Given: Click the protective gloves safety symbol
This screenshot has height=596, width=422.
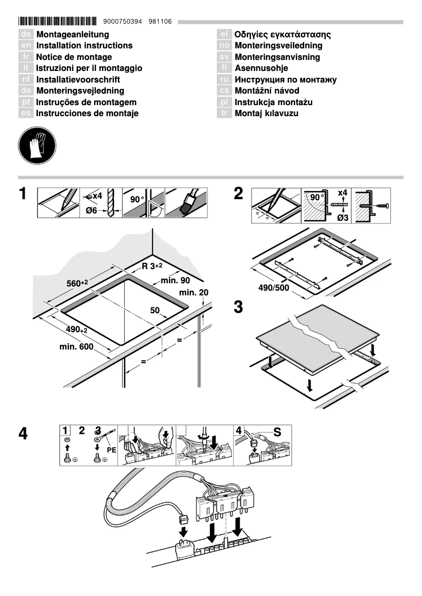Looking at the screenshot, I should (x=37, y=145).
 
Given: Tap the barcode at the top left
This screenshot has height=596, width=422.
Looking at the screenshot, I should (x=57, y=22).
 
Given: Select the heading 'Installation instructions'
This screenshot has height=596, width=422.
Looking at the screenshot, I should (x=84, y=46).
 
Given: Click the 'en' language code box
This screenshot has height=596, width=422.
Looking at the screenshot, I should (x=26, y=46).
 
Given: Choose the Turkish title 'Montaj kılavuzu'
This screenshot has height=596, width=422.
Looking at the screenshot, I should (x=266, y=114).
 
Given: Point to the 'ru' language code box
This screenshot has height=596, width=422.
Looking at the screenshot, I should (x=225, y=80).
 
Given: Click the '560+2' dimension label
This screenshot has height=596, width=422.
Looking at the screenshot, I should (x=77, y=283).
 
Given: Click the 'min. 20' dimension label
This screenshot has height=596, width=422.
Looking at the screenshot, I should (x=194, y=292).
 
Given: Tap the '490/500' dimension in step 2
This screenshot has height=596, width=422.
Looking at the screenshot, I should (x=274, y=287).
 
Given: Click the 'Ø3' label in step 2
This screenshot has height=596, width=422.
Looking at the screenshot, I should (x=343, y=217).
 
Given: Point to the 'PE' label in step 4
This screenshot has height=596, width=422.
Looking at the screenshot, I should (x=111, y=450).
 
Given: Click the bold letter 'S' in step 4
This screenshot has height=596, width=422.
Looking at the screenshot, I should (x=277, y=433).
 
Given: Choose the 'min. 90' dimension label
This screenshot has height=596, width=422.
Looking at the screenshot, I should (x=175, y=281).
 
